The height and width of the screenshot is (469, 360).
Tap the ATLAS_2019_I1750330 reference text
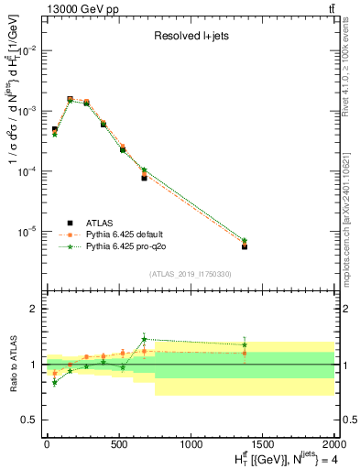tap(191, 274)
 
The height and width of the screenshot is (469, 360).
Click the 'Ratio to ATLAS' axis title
tap(12, 365)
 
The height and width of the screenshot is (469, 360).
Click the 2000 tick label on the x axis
tap(334, 444)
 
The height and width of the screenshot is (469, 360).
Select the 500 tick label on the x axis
tap(119, 444)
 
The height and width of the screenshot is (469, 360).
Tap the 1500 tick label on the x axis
tap(263, 444)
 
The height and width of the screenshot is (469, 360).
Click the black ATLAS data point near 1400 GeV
tap(245, 246)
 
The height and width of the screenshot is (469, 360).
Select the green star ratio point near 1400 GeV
tap(245, 345)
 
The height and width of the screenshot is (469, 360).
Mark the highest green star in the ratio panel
tap(144, 339)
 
